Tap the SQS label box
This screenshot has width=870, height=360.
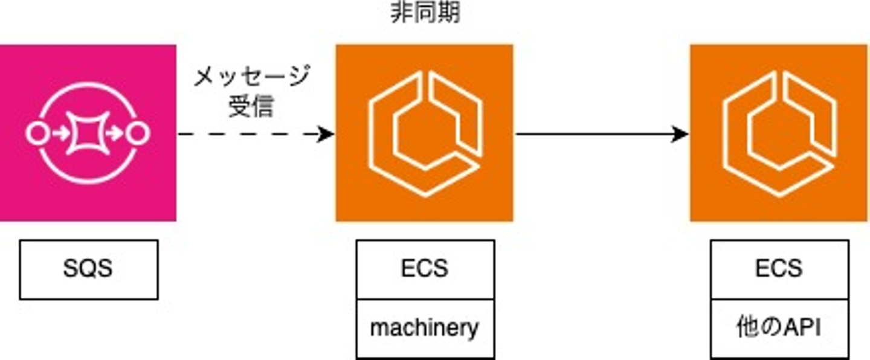pos(88,269)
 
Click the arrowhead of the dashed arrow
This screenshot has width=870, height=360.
pos(327,134)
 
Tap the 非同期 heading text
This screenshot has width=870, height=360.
pos(425,12)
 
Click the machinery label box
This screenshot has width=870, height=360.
pos(425,328)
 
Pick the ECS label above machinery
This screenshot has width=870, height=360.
pos(425,269)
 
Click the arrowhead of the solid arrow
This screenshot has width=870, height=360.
pos(681,134)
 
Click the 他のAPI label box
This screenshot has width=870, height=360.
pos(779,328)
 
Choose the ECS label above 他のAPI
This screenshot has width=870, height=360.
pos(779,269)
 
